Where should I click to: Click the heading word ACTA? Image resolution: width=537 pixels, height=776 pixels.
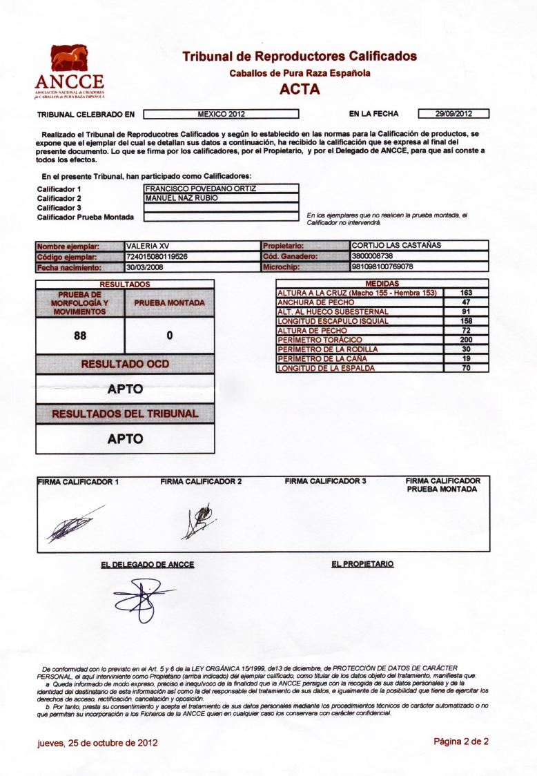[x=300, y=88]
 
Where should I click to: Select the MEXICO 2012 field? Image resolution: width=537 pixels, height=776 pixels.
[x=221, y=114]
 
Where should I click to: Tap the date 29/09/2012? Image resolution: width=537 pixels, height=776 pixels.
[x=453, y=114]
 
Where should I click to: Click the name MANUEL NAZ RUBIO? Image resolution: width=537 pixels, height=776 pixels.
[x=182, y=198]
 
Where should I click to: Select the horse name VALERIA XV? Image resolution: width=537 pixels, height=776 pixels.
[x=148, y=246]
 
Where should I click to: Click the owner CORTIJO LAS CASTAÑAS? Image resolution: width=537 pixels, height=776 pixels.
[x=396, y=245]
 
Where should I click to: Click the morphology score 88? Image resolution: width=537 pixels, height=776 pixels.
[x=80, y=336]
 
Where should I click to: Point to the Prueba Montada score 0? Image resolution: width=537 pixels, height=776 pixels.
[x=169, y=336]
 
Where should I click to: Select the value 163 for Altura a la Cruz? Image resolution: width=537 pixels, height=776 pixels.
[x=466, y=293]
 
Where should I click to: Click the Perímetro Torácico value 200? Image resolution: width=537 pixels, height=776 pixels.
[x=466, y=340]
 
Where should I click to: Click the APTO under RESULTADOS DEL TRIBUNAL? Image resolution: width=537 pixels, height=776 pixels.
[x=125, y=438]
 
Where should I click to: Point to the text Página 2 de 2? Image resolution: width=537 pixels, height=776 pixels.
[x=461, y=741]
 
